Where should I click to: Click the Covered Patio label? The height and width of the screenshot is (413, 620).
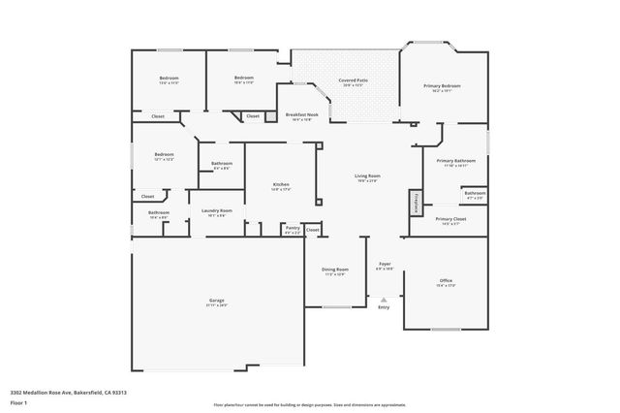(x=353, y=82)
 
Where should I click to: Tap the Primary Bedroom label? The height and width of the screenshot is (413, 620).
(x=442, y=86)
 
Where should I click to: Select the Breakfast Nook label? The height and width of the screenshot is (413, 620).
(x=299, y=116)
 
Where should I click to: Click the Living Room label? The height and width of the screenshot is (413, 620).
(x=367, y=177)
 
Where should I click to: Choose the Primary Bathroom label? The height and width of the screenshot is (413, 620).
(x=455, y=162)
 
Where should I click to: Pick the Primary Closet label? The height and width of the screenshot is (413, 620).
(x=450, y=220)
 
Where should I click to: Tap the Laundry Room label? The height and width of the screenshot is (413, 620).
(x=216, y=211)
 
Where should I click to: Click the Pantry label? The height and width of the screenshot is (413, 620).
(x=292, y=229)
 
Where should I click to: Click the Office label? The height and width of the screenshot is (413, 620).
(x=446, y=282)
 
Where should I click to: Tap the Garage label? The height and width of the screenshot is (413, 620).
(x=217, y=302)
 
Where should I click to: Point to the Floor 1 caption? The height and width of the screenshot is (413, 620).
(x=19, y=400)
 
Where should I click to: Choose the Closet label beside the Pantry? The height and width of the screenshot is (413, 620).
(x=312, y=229)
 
